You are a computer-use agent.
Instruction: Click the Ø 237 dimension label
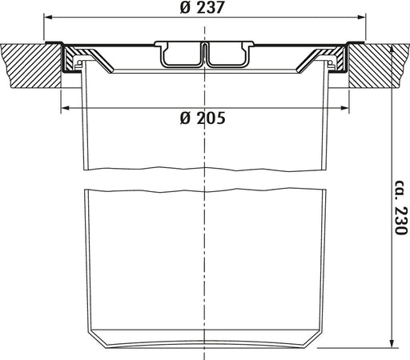click(x=202, y=7)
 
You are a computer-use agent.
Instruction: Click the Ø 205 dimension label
click(x=203, y=118)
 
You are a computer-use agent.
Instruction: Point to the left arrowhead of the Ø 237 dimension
click(x=47, y=18)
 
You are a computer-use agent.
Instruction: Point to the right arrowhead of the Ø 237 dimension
click(x=362, y=18)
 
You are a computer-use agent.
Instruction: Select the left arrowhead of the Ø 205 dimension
click(x=66, y=108)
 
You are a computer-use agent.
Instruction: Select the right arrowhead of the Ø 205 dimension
click(x=344, y=108)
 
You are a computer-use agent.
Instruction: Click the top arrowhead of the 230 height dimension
click(x=392, y=49)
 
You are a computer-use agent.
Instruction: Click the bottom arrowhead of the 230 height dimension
click(x=392, y=343)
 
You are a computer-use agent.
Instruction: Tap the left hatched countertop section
click(x=31, y=66)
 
